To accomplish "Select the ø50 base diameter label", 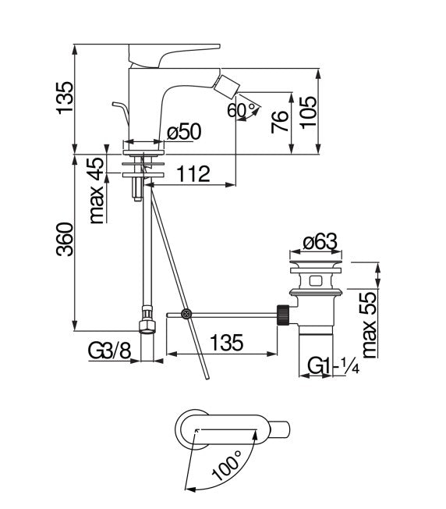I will pos(185,133).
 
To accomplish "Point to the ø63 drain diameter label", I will pos(319,244).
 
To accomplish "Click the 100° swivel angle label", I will pos(226,466).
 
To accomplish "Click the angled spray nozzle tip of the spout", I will pos(232,84).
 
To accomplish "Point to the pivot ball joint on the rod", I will pos(186,315).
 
